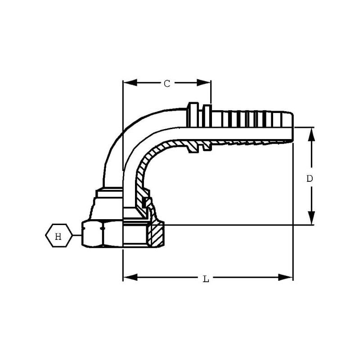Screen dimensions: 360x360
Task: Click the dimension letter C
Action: tap(167, 84)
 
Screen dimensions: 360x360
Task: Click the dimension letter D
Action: tap(310, 178)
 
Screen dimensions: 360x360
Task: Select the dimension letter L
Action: tap(206, 279)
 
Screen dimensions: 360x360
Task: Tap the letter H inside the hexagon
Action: tap(58, 236)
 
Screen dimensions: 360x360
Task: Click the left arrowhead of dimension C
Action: tap(130, 83)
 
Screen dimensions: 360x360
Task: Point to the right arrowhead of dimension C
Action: tap(204, 83)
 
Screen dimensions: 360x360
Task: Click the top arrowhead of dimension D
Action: tap(311, 135)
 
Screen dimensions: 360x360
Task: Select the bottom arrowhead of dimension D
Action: tap(311, 218)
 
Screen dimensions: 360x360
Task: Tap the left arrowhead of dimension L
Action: tap(130, 277)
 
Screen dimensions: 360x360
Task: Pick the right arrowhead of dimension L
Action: tap(286, 277)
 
